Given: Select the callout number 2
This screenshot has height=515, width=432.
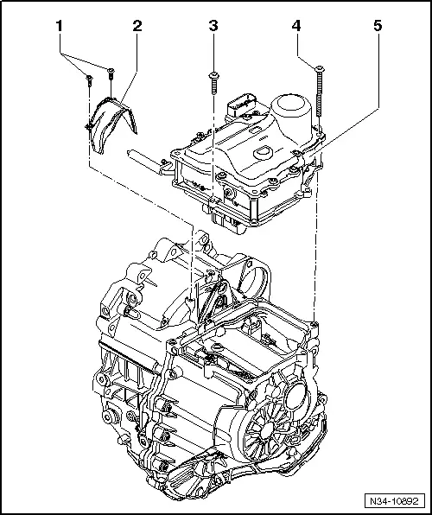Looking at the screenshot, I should [136, 27].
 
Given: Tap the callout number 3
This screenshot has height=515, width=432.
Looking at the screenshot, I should [213, 27].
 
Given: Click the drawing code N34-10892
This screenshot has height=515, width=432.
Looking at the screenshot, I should [400, 500].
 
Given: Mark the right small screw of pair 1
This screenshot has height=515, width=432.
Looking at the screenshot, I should [111, 73].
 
